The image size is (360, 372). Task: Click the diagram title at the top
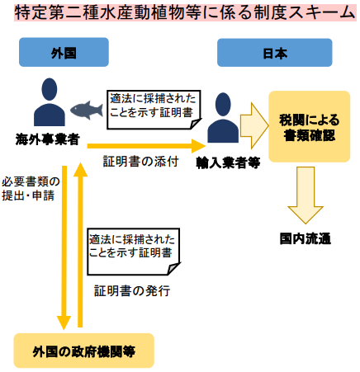185,12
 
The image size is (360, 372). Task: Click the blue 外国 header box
64,52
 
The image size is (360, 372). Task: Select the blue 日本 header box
275,53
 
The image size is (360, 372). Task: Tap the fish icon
87,110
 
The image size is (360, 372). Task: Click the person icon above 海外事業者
50,102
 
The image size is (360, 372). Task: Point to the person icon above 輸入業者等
223,118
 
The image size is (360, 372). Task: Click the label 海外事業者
48,139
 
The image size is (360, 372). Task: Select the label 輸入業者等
228,162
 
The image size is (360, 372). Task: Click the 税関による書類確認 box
310,126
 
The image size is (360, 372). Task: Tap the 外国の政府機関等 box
84,351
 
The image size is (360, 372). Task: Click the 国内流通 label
306,238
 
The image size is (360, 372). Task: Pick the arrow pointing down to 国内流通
306,195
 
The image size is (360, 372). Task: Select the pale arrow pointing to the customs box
254,126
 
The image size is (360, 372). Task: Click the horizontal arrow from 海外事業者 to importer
146,146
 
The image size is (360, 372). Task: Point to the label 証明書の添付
141,161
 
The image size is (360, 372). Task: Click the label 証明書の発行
132,290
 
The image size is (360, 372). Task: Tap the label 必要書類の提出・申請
31,189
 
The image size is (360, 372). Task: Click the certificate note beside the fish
154,110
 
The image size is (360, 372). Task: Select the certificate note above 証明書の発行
134,252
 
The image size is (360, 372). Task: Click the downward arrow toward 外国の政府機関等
64,247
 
